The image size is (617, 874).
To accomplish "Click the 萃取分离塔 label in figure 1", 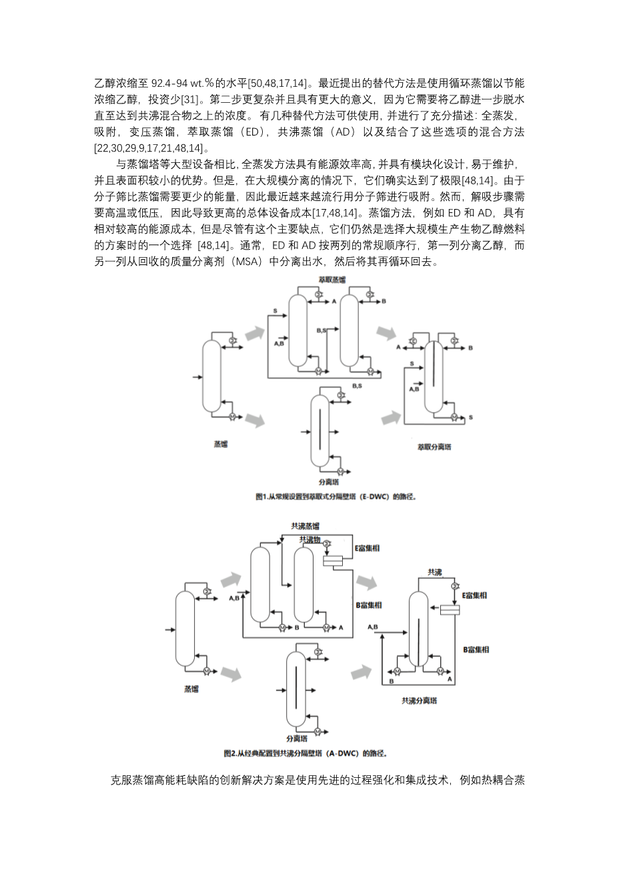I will click(x=434, y=447).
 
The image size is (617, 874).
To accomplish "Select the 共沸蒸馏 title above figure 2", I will click(x=304, y=526).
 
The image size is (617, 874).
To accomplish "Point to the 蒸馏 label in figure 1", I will click(x=221, y=443).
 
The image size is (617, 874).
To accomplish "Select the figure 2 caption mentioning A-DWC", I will click(x=306, y=753).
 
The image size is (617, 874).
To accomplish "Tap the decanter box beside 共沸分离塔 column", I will click(x=450, y=610).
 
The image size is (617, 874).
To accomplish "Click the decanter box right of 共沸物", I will click(x=333, y=561).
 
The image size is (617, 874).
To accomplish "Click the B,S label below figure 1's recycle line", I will click(x=356, y=386).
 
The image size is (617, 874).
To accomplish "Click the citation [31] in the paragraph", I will click(x=191, y=100).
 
